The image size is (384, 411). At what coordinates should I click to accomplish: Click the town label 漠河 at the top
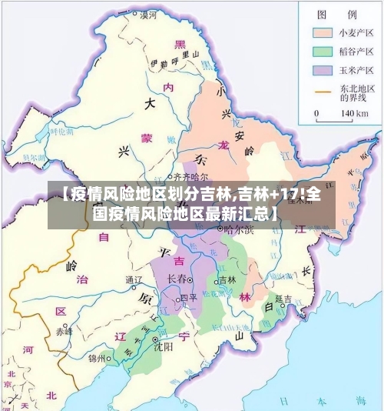point(147,15)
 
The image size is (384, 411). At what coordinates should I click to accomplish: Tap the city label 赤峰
point(63,332)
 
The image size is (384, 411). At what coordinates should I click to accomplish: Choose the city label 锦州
point(97,358)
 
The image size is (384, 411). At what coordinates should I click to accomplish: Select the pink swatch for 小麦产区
point(322,33)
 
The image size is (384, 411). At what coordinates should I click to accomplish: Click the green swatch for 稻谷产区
point(322,52)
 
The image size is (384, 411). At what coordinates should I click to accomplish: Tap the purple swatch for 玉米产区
point(322,70)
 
